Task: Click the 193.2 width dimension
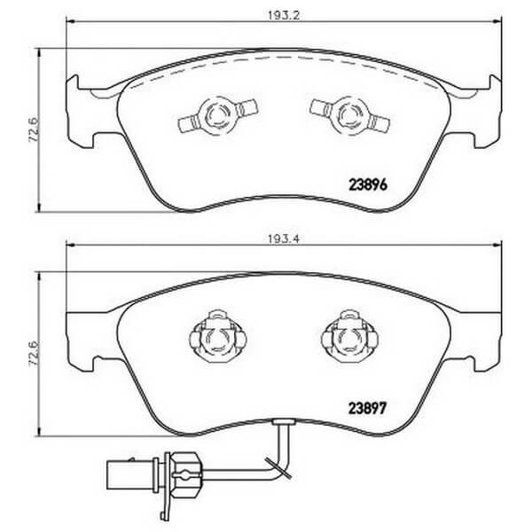(284, 16)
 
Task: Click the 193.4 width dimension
(284, 239)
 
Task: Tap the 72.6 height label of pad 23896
(35, 129)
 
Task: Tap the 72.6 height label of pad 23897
(35, 354)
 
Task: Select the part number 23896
(368, 185)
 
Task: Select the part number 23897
(368, 409)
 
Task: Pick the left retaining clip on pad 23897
(218, 337)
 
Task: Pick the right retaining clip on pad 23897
(349, 337)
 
